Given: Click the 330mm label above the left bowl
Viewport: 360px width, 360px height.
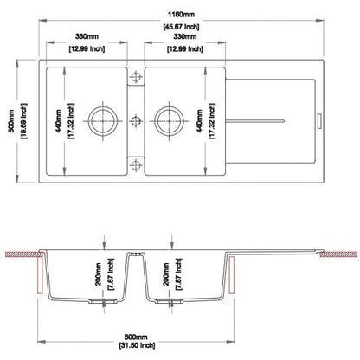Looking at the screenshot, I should point(85,37).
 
